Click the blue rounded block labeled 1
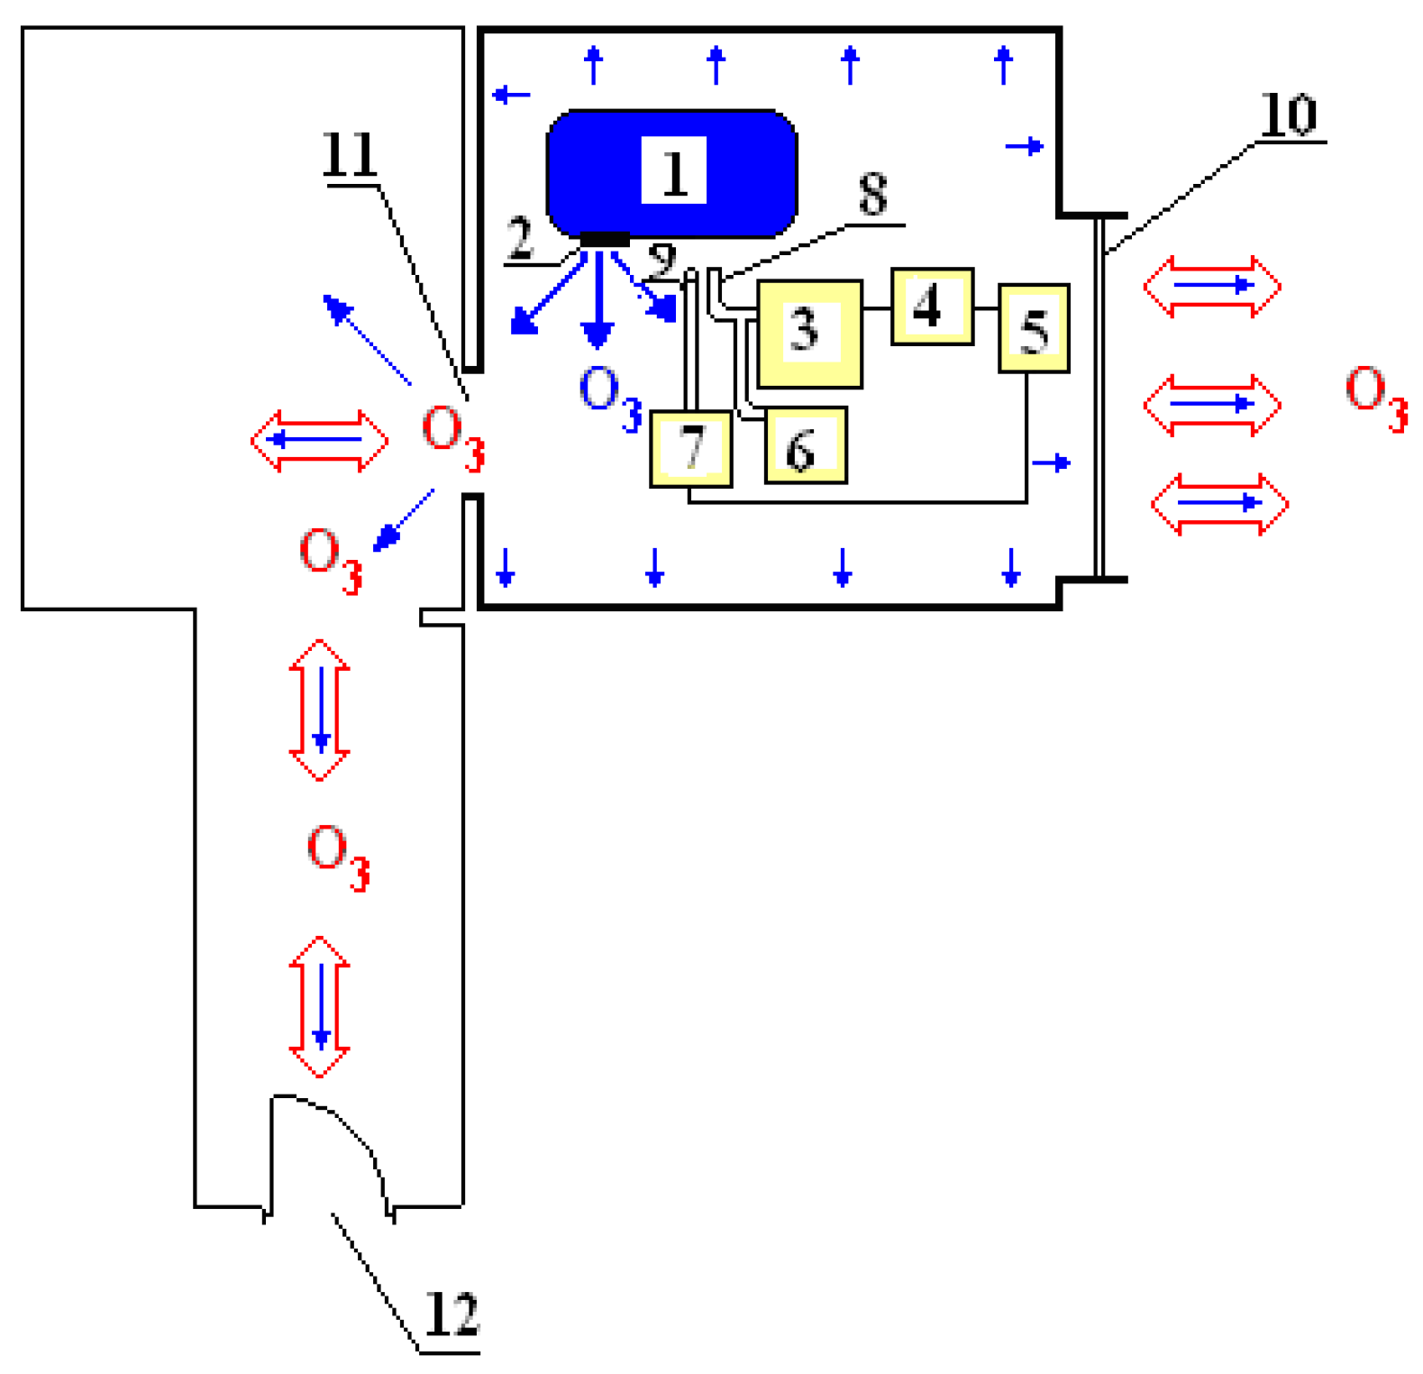click(671, 173)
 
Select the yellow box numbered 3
click(809, 334)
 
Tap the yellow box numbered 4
click(932, 307)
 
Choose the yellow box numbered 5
click(1034, 328)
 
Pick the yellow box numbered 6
click(805, 445)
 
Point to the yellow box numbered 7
click(690, 448)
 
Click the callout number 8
click(872, 195)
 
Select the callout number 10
click(1289, 114)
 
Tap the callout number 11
click(350, 155)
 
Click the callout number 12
click(451, 1315)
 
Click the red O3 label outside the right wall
click(1375, 397)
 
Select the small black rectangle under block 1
click(604, 239)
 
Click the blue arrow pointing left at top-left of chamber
click(512, 94)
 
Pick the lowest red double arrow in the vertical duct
click(320, 1007)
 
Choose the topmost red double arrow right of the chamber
click(1212, 287)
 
